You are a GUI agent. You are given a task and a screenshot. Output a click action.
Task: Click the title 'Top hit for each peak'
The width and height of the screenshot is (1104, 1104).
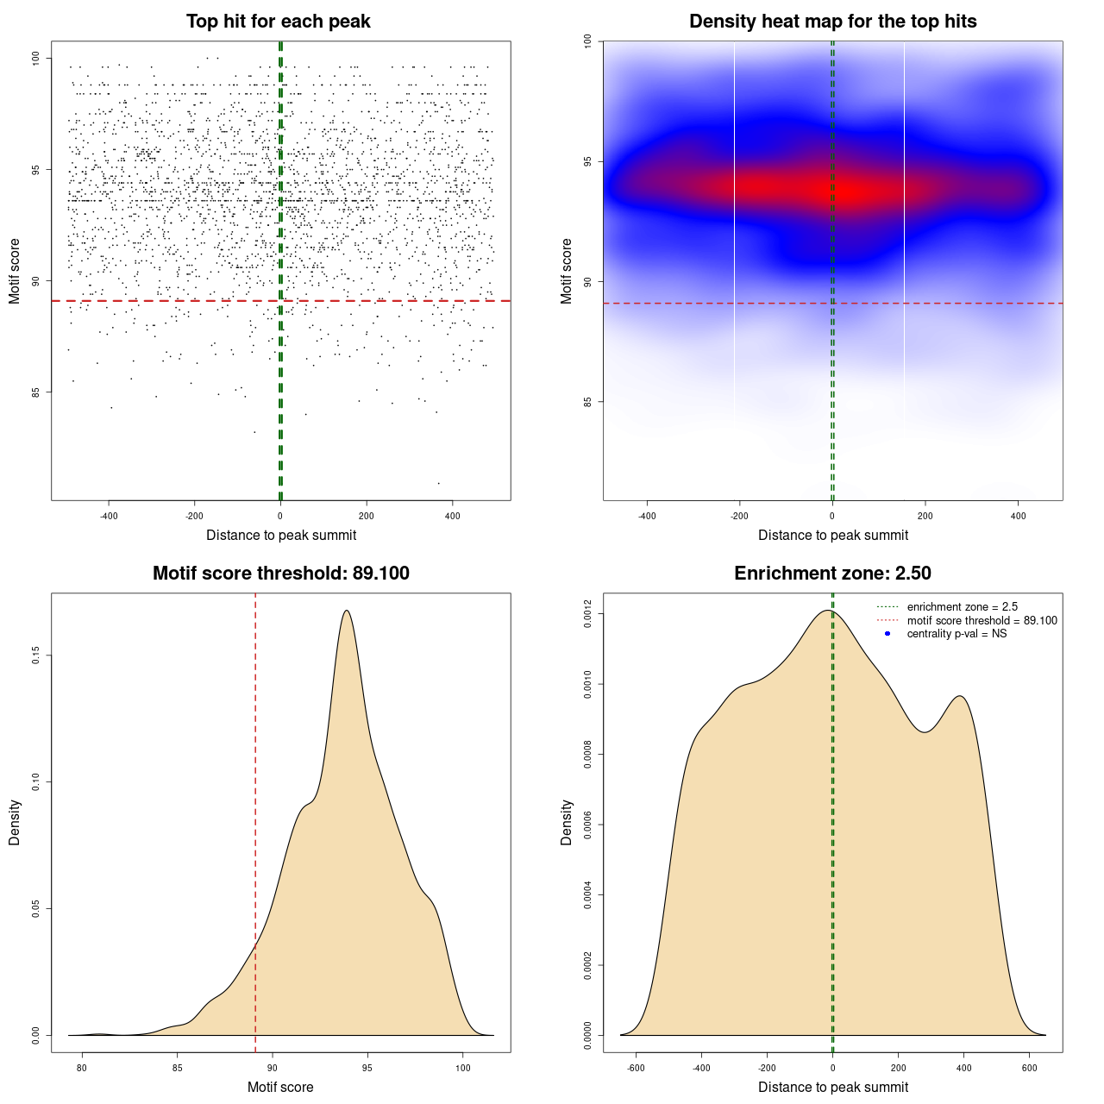point(279,22)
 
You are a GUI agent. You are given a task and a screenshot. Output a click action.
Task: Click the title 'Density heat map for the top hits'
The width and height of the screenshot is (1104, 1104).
point(832,22)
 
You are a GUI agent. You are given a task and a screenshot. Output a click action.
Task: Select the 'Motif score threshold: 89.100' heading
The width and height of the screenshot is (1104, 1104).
point(280,574)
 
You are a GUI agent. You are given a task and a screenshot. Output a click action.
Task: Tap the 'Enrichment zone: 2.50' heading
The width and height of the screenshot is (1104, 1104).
point(832,574)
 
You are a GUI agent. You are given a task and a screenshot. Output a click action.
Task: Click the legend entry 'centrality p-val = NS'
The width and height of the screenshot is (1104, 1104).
point(957,634)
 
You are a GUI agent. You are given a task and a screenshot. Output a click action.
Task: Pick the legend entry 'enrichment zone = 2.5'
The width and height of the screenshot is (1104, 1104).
point(962,607)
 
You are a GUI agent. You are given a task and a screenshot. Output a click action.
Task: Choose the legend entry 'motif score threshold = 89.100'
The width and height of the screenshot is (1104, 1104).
point(982,621)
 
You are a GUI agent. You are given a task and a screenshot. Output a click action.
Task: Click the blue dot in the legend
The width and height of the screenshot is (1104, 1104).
point(888,634)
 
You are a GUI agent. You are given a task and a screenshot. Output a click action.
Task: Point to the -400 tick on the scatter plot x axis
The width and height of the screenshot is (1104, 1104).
point(109,516)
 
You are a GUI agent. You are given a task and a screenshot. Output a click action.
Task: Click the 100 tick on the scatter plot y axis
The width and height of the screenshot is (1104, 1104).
point(36,58)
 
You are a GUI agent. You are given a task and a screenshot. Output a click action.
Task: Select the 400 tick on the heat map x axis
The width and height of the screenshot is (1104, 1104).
point(1019,516)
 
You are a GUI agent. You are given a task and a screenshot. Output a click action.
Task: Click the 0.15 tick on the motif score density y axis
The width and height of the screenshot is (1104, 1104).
point(36,656)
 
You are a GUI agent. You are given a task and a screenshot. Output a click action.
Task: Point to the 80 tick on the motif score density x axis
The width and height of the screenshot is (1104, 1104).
point(82,1068)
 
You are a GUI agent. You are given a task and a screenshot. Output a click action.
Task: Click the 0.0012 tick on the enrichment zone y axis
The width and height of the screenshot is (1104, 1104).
point(587,614)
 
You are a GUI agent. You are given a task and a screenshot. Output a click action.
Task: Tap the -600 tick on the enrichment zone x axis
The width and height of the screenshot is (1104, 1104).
point(636,1068)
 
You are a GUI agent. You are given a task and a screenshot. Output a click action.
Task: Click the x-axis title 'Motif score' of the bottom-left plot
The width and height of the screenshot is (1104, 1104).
point(280,1087)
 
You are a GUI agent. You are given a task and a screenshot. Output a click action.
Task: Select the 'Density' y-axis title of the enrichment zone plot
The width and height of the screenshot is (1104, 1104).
point(567,822)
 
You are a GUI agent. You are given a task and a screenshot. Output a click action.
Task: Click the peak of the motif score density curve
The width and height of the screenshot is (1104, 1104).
point(346,611)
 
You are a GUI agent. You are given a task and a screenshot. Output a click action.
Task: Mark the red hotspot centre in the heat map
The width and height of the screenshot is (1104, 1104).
point(850,189)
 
